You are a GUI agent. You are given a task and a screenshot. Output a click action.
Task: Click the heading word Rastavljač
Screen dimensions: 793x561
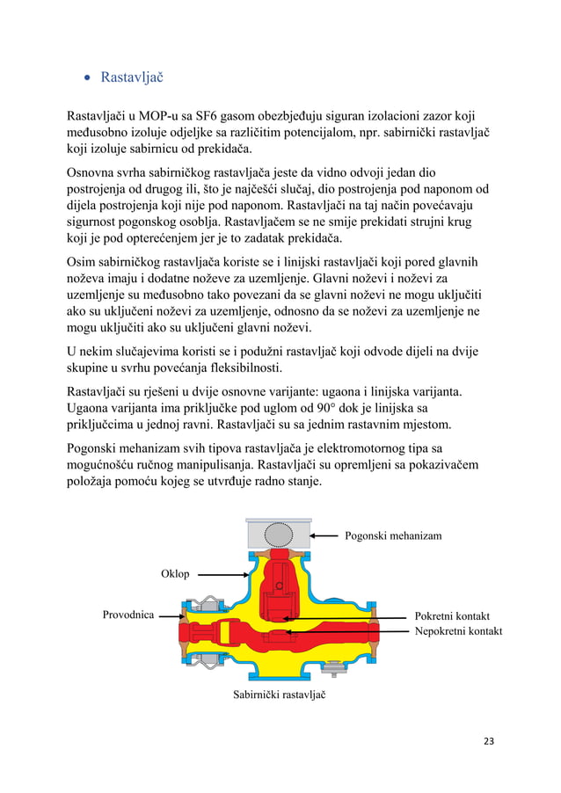132,77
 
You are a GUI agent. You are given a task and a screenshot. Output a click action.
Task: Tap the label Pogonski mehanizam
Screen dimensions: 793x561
393,535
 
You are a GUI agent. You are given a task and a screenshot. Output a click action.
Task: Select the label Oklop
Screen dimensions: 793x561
175,574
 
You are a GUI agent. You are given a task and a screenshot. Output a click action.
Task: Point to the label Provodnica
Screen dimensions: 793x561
128,615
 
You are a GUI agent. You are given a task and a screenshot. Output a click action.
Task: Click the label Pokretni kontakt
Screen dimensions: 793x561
452,616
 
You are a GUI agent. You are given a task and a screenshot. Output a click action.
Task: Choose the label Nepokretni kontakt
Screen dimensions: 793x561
458,631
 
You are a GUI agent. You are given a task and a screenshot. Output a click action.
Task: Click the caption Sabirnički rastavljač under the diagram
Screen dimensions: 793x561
280,695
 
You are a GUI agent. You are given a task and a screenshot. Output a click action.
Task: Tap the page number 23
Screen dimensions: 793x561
489,741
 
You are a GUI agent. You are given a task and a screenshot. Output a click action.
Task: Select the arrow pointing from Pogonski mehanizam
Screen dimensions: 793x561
326,535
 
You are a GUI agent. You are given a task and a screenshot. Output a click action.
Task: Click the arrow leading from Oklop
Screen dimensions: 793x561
220,574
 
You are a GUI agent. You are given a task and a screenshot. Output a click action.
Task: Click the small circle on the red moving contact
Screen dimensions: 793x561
278,586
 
